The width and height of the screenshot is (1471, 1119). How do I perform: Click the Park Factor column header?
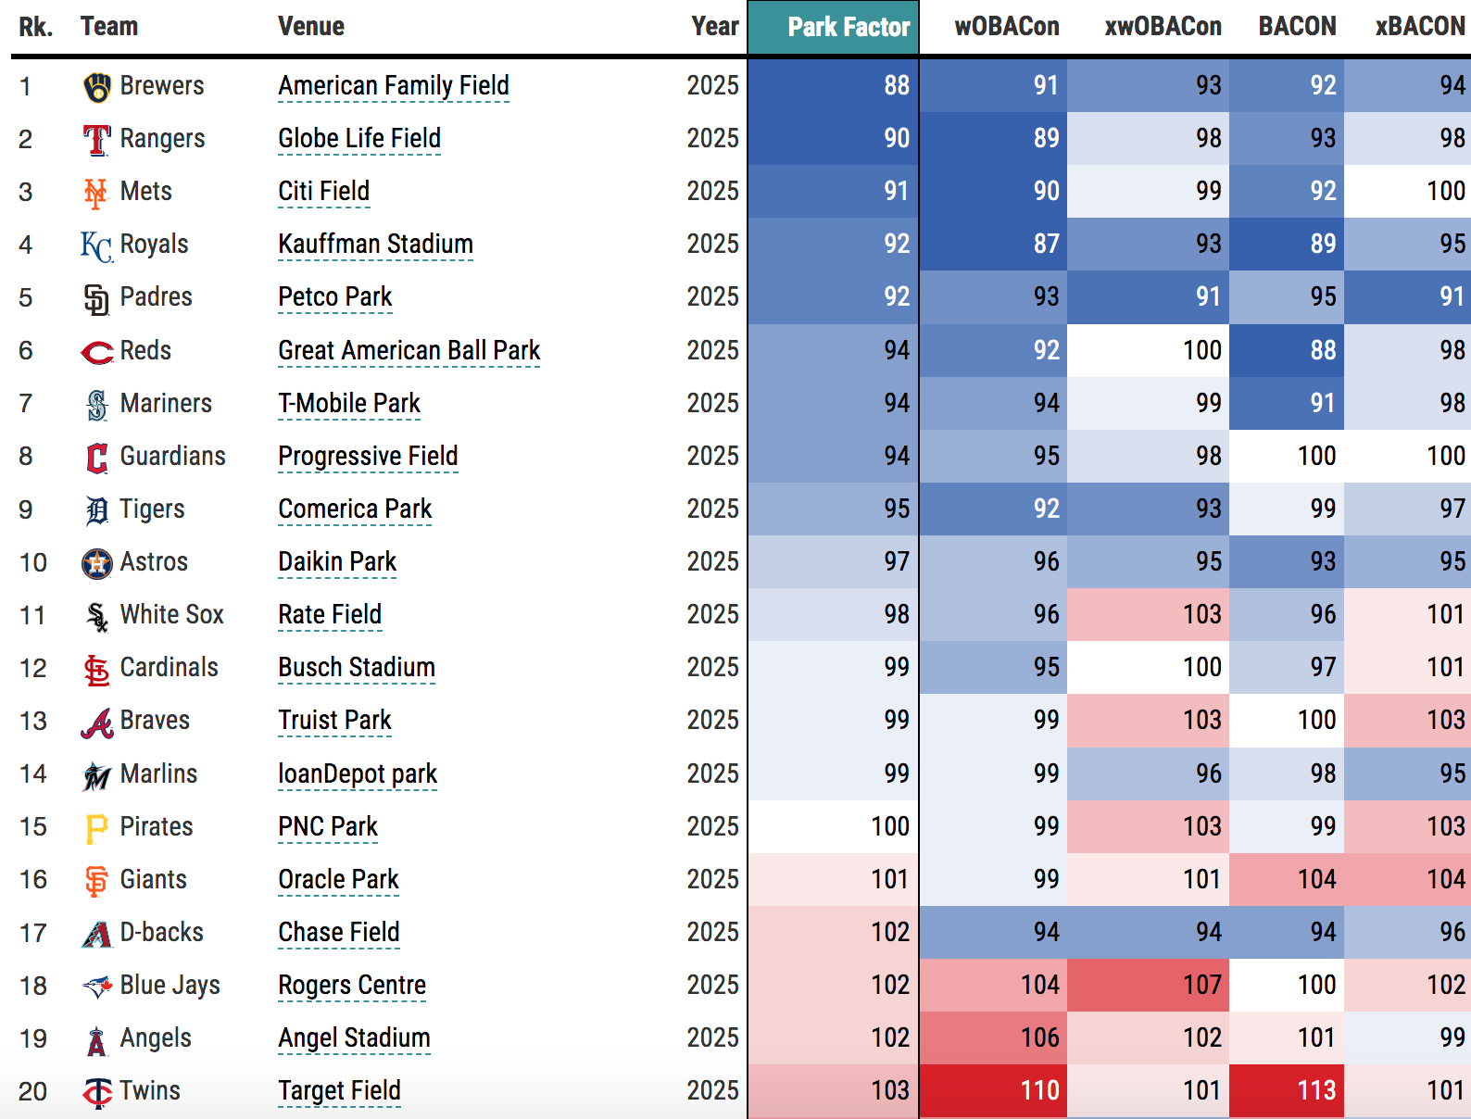[848, 27]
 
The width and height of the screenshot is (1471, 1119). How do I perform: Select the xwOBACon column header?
[1163, 27]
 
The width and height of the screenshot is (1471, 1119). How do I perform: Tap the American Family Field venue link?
[394, 86]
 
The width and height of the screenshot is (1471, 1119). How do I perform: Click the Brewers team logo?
[96, 87]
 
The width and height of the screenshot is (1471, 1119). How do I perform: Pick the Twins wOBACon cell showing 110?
[1039, 1090]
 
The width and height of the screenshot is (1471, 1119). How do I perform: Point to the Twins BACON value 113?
[1315, 1090]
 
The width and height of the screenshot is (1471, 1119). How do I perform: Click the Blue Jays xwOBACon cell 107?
[1201, 985]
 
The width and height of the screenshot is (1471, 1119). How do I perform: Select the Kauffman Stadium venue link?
[375, 245]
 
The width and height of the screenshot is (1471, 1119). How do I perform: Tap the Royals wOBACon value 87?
[1046, 245]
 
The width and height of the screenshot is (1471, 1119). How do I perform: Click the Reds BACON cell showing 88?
[1322, 350]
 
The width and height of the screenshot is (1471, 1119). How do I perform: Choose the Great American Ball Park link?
[409, 351]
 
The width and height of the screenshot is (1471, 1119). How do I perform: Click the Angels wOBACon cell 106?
[1039, 1037]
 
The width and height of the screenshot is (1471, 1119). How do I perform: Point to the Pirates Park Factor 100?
[889, 826]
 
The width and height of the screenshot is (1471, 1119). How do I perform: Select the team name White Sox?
[172, 615]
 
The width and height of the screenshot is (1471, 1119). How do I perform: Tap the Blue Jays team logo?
[96, 987]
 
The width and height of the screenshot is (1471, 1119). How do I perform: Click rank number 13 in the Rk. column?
[33, 721]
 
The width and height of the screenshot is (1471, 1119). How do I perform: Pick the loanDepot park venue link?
[358, 774]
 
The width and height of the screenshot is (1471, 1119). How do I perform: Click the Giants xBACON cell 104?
[1445, 879]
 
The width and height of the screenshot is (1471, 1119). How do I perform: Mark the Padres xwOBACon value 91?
[1207, 297]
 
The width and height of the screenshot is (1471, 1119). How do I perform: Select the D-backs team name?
[162, 933]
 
